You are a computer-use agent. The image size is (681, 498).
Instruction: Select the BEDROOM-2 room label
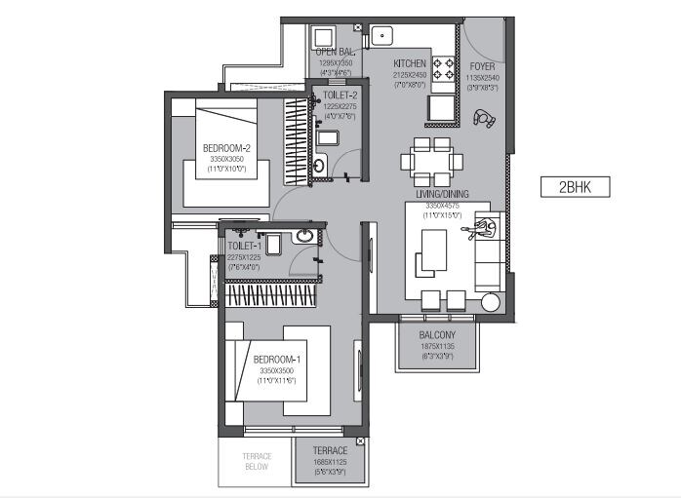(227, 148)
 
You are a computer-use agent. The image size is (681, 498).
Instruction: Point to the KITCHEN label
(410, 62)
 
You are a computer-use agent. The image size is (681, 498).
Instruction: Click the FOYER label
(483, 67)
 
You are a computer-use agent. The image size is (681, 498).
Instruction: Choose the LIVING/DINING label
(442, 194)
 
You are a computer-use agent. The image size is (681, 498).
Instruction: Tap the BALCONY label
(438, 334)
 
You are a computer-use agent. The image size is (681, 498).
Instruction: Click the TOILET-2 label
(340, 96)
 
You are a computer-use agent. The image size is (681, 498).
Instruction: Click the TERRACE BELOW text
(257, 461)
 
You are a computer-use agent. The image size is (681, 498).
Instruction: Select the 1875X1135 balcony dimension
(438, 346)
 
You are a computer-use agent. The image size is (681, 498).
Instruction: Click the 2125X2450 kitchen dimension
(410, 74)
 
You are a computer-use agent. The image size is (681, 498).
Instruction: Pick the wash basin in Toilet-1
(304, 236)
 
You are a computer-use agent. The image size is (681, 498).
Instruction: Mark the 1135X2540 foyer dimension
(483, 78)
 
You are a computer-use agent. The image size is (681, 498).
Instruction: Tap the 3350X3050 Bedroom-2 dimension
(227, 159)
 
